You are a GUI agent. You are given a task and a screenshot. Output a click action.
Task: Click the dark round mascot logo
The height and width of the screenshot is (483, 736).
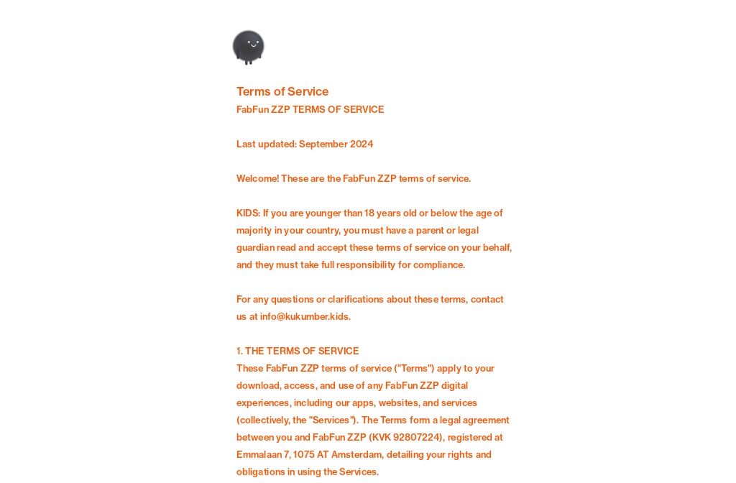(x=249, y=47)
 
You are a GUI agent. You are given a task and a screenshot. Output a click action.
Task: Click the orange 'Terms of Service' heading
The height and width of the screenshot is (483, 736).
(x=282, y=91)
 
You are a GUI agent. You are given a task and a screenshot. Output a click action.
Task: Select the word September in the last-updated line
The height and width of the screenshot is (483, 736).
(x=323, y=144)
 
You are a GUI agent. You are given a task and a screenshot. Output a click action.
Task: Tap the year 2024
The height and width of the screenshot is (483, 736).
(x=362, y=144)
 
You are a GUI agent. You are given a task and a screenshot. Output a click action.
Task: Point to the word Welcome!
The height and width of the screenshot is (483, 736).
(x=257, y=178)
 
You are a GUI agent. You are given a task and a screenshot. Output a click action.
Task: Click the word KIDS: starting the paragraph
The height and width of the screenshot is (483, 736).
(x=248, y=213)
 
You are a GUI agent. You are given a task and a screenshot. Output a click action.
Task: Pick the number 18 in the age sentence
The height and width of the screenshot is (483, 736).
(x=370, y=213)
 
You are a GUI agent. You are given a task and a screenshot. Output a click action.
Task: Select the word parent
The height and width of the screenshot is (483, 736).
(x=430, y=230)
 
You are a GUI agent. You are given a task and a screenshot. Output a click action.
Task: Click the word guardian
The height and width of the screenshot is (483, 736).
(x=256, y=247)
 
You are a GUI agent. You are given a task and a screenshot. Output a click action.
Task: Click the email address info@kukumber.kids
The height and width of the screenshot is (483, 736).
(x=305, y=316)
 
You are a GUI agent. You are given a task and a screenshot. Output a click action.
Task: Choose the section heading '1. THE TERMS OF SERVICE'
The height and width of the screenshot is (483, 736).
(x=298, y=351)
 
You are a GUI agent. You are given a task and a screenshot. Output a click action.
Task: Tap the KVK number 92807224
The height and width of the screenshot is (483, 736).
(x=415, y=437)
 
